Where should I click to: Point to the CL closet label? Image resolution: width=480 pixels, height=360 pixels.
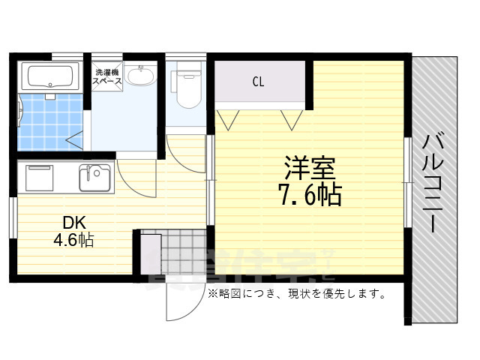pos(258,81)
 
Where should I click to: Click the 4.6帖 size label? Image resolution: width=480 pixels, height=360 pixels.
pos(73,241)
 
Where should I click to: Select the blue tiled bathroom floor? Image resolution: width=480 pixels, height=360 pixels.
pos(45,121)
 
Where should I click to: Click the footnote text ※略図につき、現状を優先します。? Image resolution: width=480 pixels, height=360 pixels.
pos(297,294)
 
